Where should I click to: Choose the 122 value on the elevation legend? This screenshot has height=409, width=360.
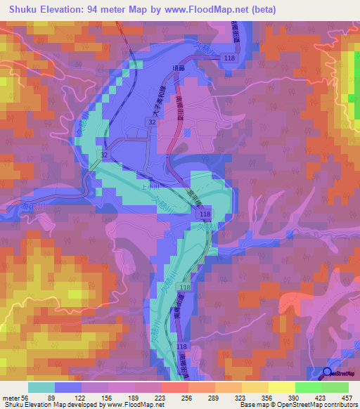point(88,396)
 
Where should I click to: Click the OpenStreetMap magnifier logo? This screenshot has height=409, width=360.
point(328,373)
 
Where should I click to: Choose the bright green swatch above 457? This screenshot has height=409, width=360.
point(335,387)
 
